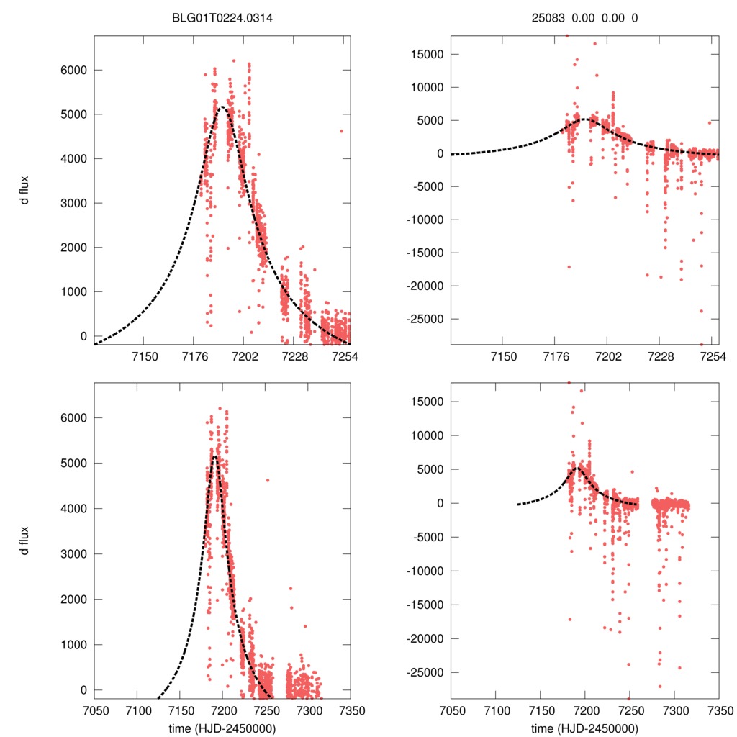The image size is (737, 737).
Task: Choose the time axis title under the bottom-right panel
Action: (585, 728)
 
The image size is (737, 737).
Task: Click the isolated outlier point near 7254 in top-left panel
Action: (341, 131)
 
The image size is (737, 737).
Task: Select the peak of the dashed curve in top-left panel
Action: (222, 107)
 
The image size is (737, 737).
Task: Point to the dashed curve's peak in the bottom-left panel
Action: (214, 456)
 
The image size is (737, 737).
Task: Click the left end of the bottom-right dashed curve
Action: (517, 504)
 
